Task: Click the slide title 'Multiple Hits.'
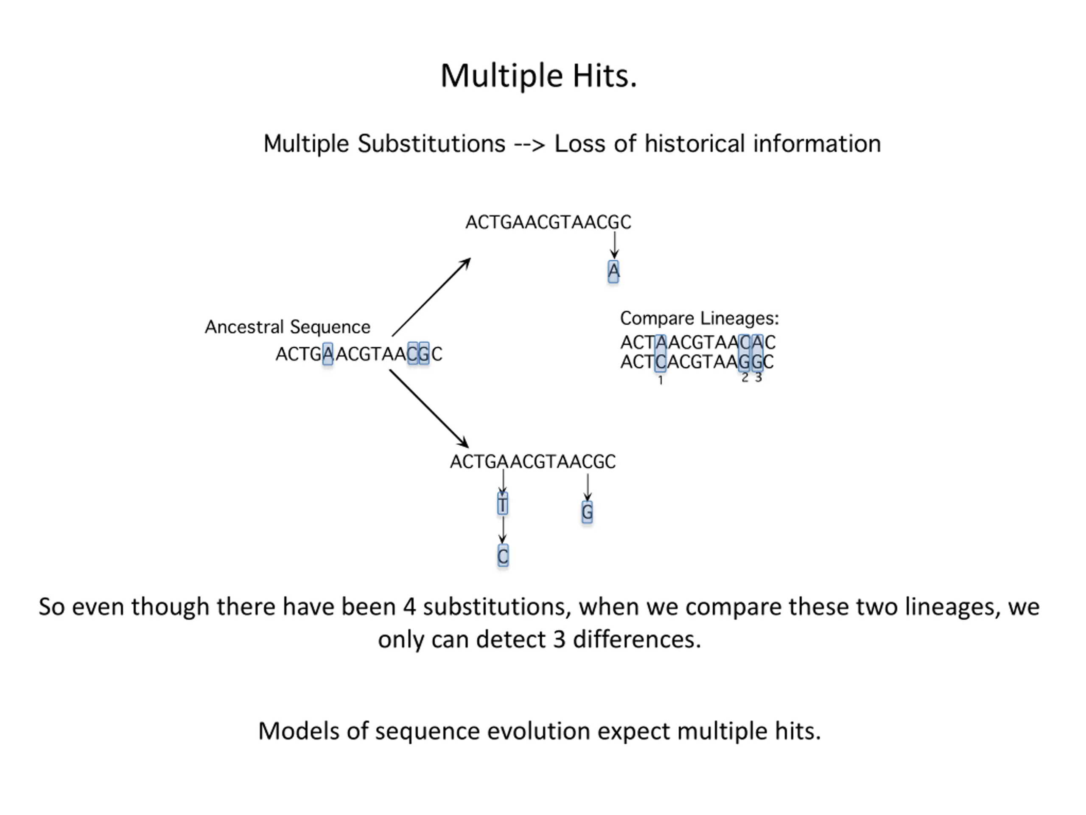[x=539, y=76]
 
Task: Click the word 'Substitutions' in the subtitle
[x=431, y=144]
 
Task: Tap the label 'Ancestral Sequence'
[x=287, y=327]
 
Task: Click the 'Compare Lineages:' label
[x=699, y=318]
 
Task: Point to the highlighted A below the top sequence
[x=613, y=271]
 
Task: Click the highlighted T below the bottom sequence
[x=502, y=505]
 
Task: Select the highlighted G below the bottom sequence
[x=587, y=512]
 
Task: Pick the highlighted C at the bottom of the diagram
[x=503, y=556]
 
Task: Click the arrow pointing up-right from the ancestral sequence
[x=431, y=298]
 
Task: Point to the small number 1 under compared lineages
[x=661, y=380]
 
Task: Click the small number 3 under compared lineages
[x=758, y=378]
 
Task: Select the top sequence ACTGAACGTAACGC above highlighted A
[x=548, y=222]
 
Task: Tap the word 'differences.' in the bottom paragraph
[x=637, y=640]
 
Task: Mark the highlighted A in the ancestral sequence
[x=328, y=354]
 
